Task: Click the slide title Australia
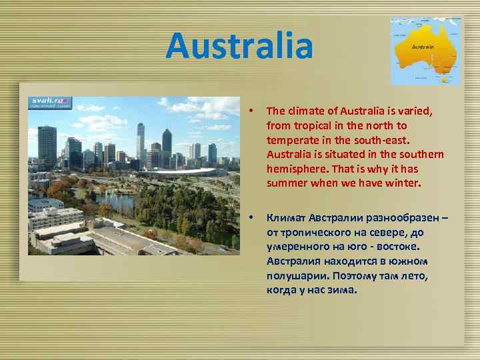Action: click(x=239, y=46)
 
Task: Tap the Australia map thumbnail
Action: click(x=425, y=51)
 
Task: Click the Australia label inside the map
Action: click(x=423, y=47)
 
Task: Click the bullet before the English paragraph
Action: click(x=250, y=111)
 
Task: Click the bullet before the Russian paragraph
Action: click(x=250, y=218)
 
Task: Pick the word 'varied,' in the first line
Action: click(x=417, y=111)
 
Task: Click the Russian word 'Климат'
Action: click(x=286, y=218)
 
